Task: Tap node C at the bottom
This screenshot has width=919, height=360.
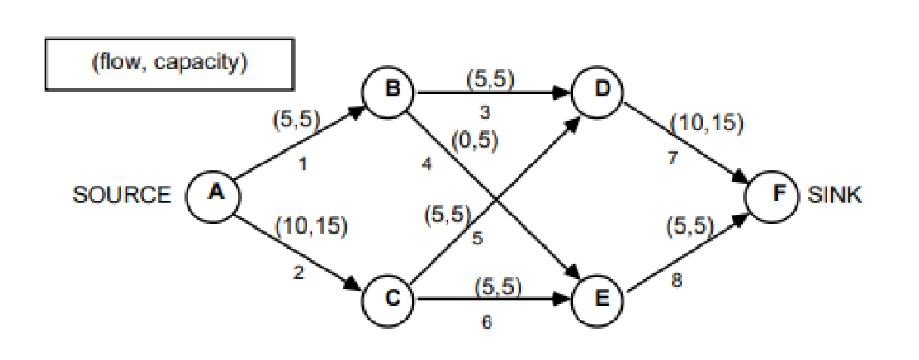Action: coord(391,298)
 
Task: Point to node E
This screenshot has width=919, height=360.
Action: coord(601,298)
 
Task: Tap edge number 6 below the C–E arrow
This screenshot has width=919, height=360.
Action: coord(486,323)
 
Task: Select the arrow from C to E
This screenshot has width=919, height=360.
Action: coord(495,299)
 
